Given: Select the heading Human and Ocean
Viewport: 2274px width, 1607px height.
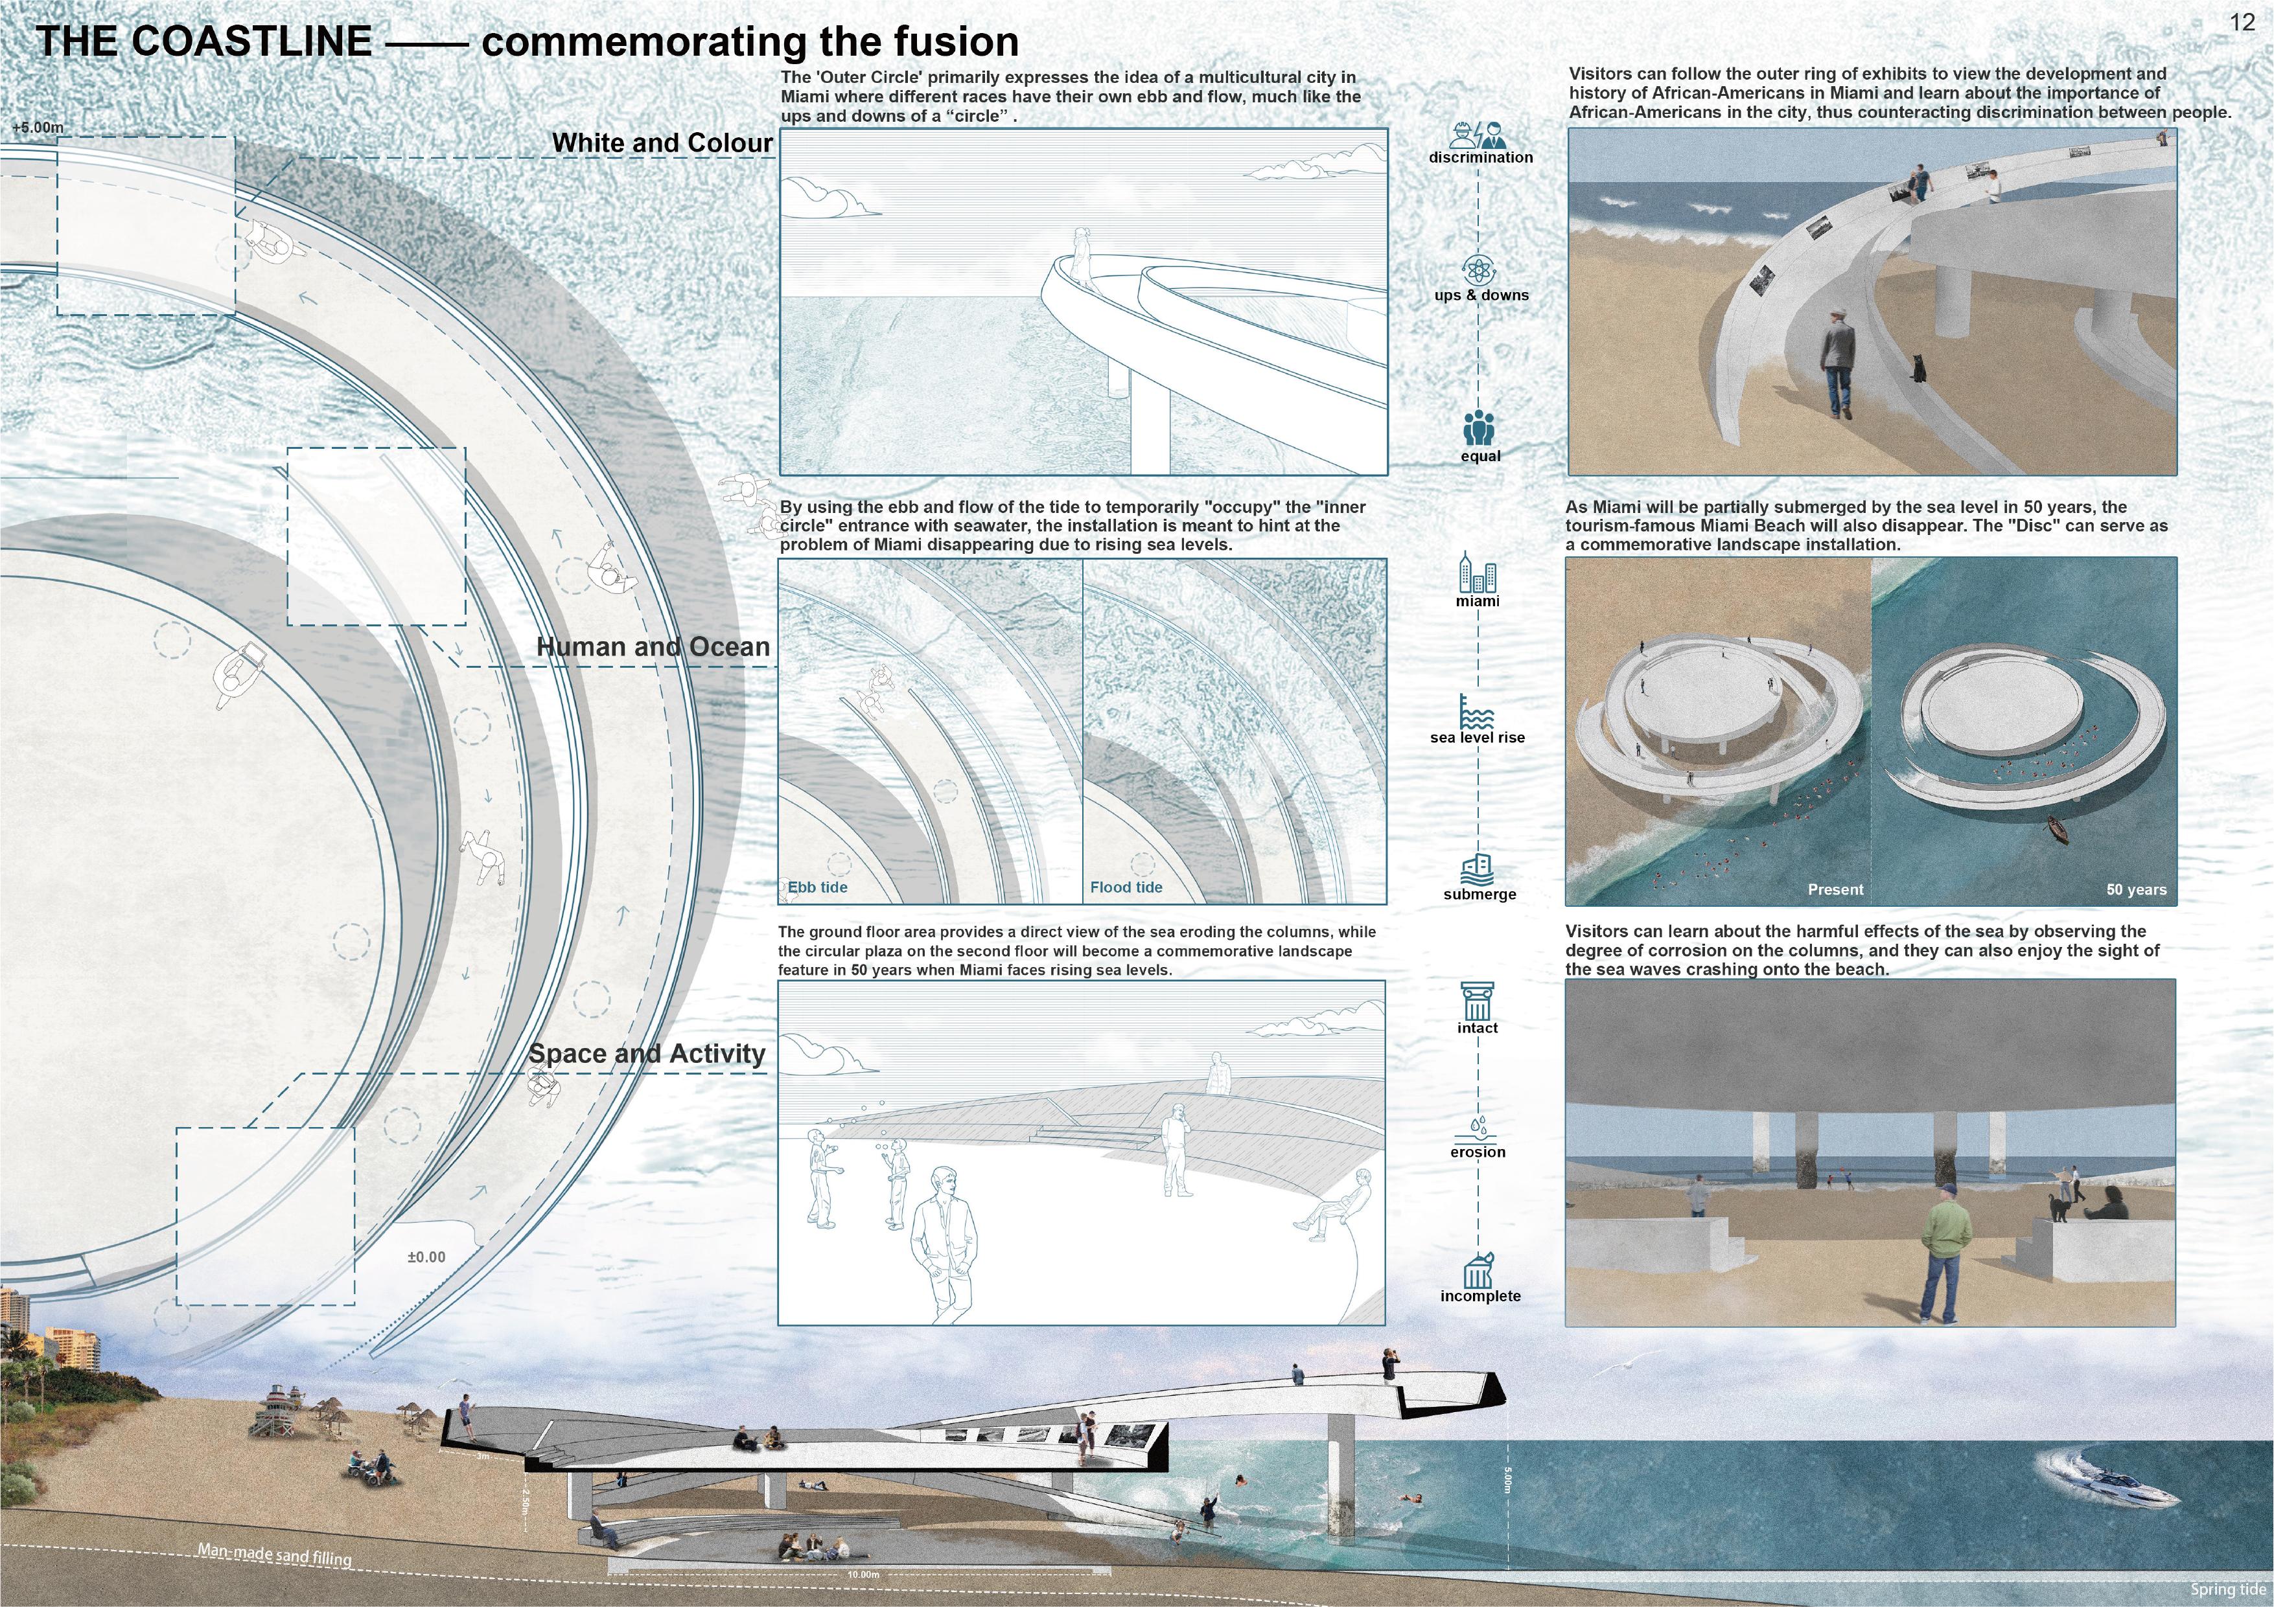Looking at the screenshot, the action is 653,648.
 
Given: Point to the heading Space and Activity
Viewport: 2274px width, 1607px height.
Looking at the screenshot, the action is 647,1053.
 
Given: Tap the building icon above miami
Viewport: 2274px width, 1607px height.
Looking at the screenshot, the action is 1477,573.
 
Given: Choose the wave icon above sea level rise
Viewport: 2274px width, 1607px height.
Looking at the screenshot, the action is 1477,712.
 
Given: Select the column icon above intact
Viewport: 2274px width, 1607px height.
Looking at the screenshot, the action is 1477,1001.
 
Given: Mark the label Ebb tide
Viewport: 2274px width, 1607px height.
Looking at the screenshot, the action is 818,887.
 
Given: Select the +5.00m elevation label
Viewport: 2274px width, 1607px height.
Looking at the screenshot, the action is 38,128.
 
